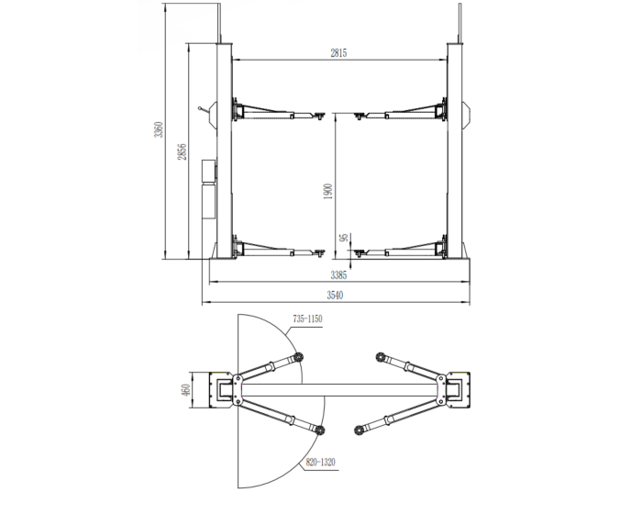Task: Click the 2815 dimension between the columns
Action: click(338, 54)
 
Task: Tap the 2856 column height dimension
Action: click(183, 151)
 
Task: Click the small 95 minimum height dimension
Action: click(342, 239)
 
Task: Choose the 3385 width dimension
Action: click(338, 274)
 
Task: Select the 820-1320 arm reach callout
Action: click(317, 464)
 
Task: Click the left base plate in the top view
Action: click(222, 390)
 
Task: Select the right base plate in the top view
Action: click(456, 390)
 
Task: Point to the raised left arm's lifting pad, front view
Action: click(318, 115)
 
